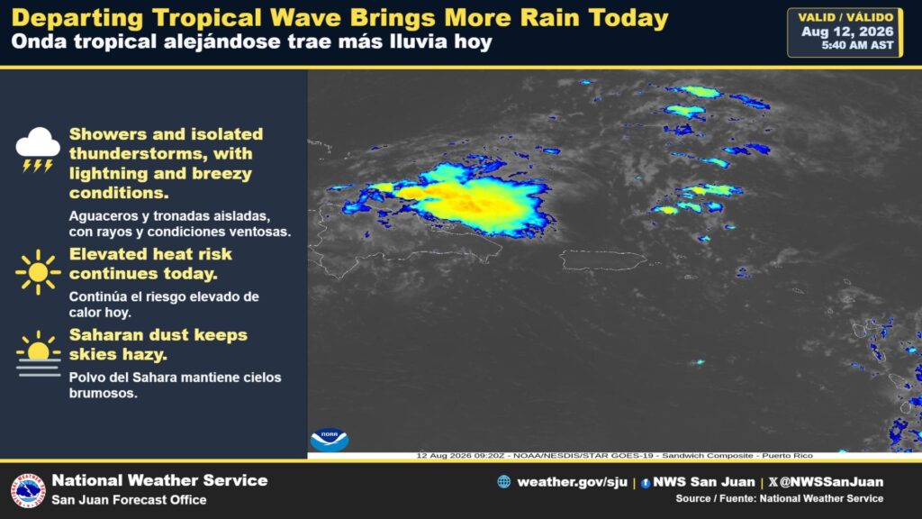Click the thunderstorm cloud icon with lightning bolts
(38, 150)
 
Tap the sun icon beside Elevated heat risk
(38, 272)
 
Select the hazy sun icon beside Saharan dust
(38, 353)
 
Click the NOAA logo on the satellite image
(330, 439)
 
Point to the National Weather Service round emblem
(28, 490)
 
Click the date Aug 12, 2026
(847, 32)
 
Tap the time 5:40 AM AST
(857, 45)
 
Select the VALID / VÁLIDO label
(845, 17)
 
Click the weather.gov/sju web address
(572, 482)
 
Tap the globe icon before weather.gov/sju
(504, 482)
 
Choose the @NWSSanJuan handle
(831, 482)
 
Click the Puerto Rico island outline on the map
(602, 259)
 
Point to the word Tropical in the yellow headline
(207, 18)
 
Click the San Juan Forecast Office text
(130, 499)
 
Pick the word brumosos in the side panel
(103, 393)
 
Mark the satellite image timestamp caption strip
(614, 455)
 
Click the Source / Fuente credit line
(779, 498)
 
